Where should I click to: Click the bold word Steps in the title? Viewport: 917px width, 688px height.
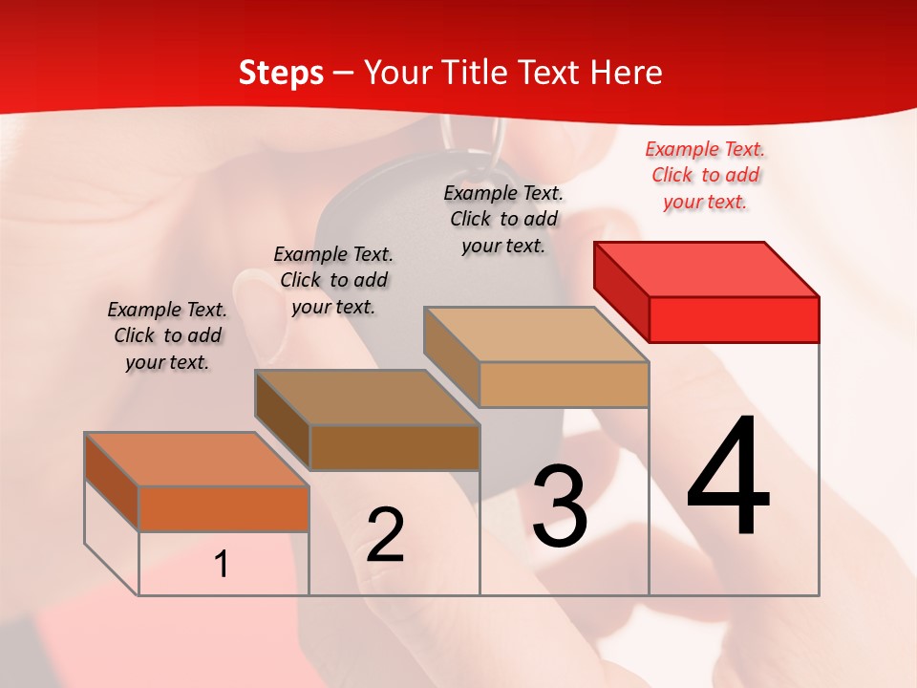pyautogui.click(x=281, y=73)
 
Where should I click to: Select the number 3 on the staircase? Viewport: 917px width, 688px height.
pyautogui.click(x=560, y=506)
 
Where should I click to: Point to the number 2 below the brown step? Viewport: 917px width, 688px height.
pyautogui.click(x=386, y=535)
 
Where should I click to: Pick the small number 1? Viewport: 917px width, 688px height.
pyautogui.click(x=222, y=565)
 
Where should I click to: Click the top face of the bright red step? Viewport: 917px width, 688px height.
pyautogui.click(x=707, y=269)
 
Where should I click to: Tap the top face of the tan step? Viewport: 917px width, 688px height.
pyautogui.click(x=537, y=334)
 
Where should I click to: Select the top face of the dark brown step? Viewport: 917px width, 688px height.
pyautogui.click(x=367, y=398)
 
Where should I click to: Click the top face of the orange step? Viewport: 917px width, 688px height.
pyautogui.click(x=197, y=460)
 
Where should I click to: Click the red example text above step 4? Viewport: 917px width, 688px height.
pyautogui.click(x=705, y=175)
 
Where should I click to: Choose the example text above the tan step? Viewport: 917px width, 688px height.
pyautogui.click(x=503, y=219)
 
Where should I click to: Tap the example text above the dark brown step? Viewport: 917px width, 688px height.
pyautogui.click(x=333, y=280)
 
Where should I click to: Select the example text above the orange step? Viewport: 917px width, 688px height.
pyautogui.click(x=167, y=335)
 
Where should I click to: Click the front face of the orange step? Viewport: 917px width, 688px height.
pyautogui.click(x=224, y=508)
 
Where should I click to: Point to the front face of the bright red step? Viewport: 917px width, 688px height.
pyautogui.click(x=734, y=319)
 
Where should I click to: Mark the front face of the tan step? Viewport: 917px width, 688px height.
pyautogui.click(x=564, y=384)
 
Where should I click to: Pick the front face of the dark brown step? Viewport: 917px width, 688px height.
pyautogui.click(x=395, y=447)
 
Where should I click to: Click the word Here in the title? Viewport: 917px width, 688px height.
pyautogui.click(x=626, y=73)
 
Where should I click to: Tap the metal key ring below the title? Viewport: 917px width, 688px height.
pyautogui.click(x=474, y=139)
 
